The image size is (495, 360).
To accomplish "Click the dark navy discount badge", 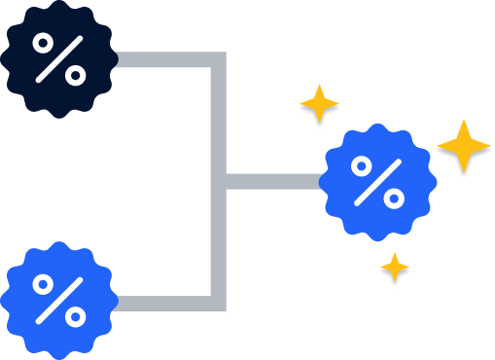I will [58, 58].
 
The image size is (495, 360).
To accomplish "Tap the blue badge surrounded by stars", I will [377, 182].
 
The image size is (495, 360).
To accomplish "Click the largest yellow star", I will [463, 148].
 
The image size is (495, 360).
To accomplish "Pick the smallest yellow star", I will [394, 269].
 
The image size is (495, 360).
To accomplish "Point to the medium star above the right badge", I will [319, 105].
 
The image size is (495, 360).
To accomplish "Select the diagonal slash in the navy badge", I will [59, 57].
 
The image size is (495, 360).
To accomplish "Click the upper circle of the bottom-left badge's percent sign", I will [45, 285].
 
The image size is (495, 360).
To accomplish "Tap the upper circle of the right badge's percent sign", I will [363, 167].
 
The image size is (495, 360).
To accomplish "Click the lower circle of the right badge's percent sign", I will [393, 197].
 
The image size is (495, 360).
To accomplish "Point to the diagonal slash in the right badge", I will [377, 182].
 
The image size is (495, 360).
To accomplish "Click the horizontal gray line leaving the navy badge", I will [165, 60].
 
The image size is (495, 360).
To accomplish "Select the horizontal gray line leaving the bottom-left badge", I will [165, 304].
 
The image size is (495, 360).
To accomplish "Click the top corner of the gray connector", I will [219, 60].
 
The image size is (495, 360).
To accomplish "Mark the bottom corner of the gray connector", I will [219, 304].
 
